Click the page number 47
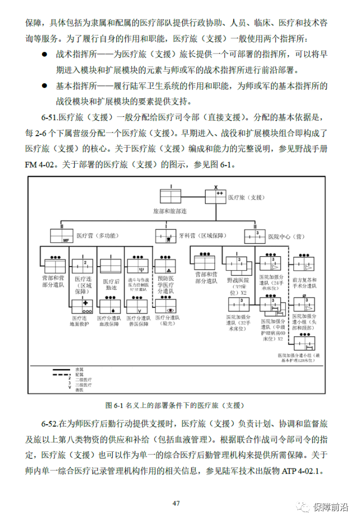click(x=176, y=503)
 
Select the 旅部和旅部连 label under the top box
click(x=169, y=212)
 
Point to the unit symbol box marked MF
click(x=61, y=237)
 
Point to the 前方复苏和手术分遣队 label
click(x=304, y=282)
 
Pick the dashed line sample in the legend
click(x=61, y=374)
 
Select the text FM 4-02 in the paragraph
click(x=42, y=166)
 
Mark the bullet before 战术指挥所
click(x=45, y=55)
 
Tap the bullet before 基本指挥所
click(x=45, y=86)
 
